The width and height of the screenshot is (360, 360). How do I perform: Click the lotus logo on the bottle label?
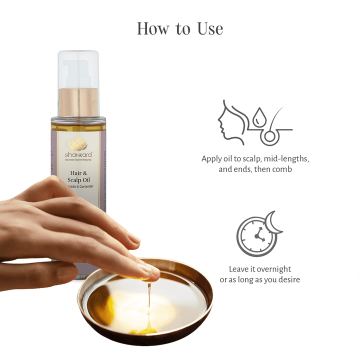78,142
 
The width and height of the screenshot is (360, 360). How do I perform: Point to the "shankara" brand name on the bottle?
78,154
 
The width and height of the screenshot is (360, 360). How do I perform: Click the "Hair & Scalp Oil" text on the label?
78,177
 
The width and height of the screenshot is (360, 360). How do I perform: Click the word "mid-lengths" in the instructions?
287,159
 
